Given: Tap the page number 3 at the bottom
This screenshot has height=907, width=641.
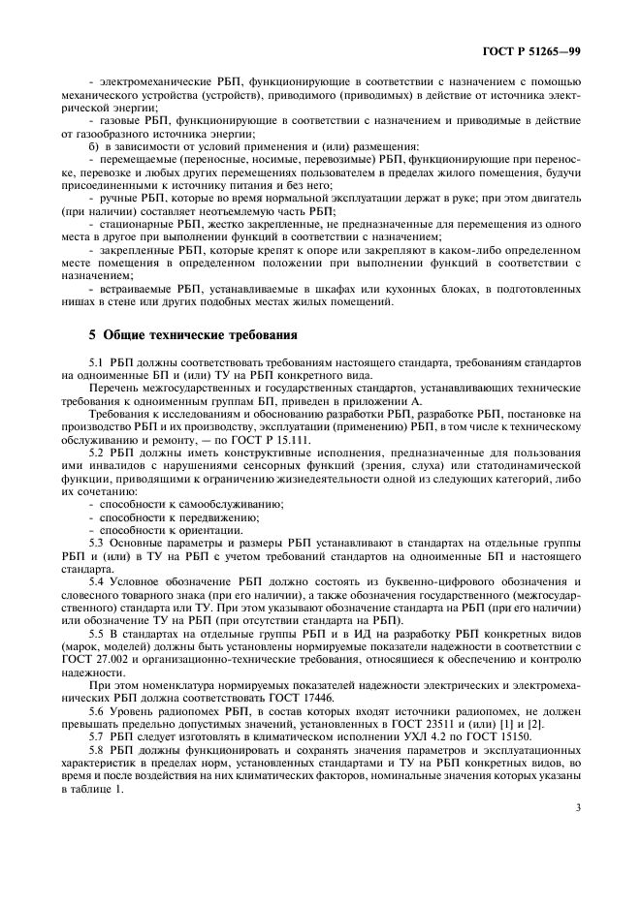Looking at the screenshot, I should coord(576,805).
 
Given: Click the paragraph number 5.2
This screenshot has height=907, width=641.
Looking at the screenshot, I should coord(97,453).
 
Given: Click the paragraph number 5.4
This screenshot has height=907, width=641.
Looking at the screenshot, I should coord(97,579).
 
